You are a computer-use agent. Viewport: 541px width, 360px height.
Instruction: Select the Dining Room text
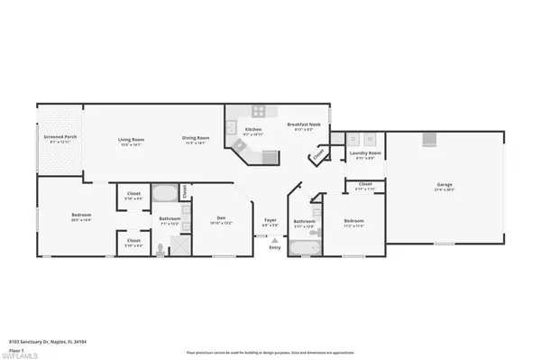point(196,138)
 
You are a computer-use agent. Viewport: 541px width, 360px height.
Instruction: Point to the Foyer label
point(270,219)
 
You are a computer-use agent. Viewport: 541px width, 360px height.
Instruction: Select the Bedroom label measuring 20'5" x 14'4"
point(81,215)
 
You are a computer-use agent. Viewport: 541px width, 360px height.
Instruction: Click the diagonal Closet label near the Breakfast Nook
point(317,157)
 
